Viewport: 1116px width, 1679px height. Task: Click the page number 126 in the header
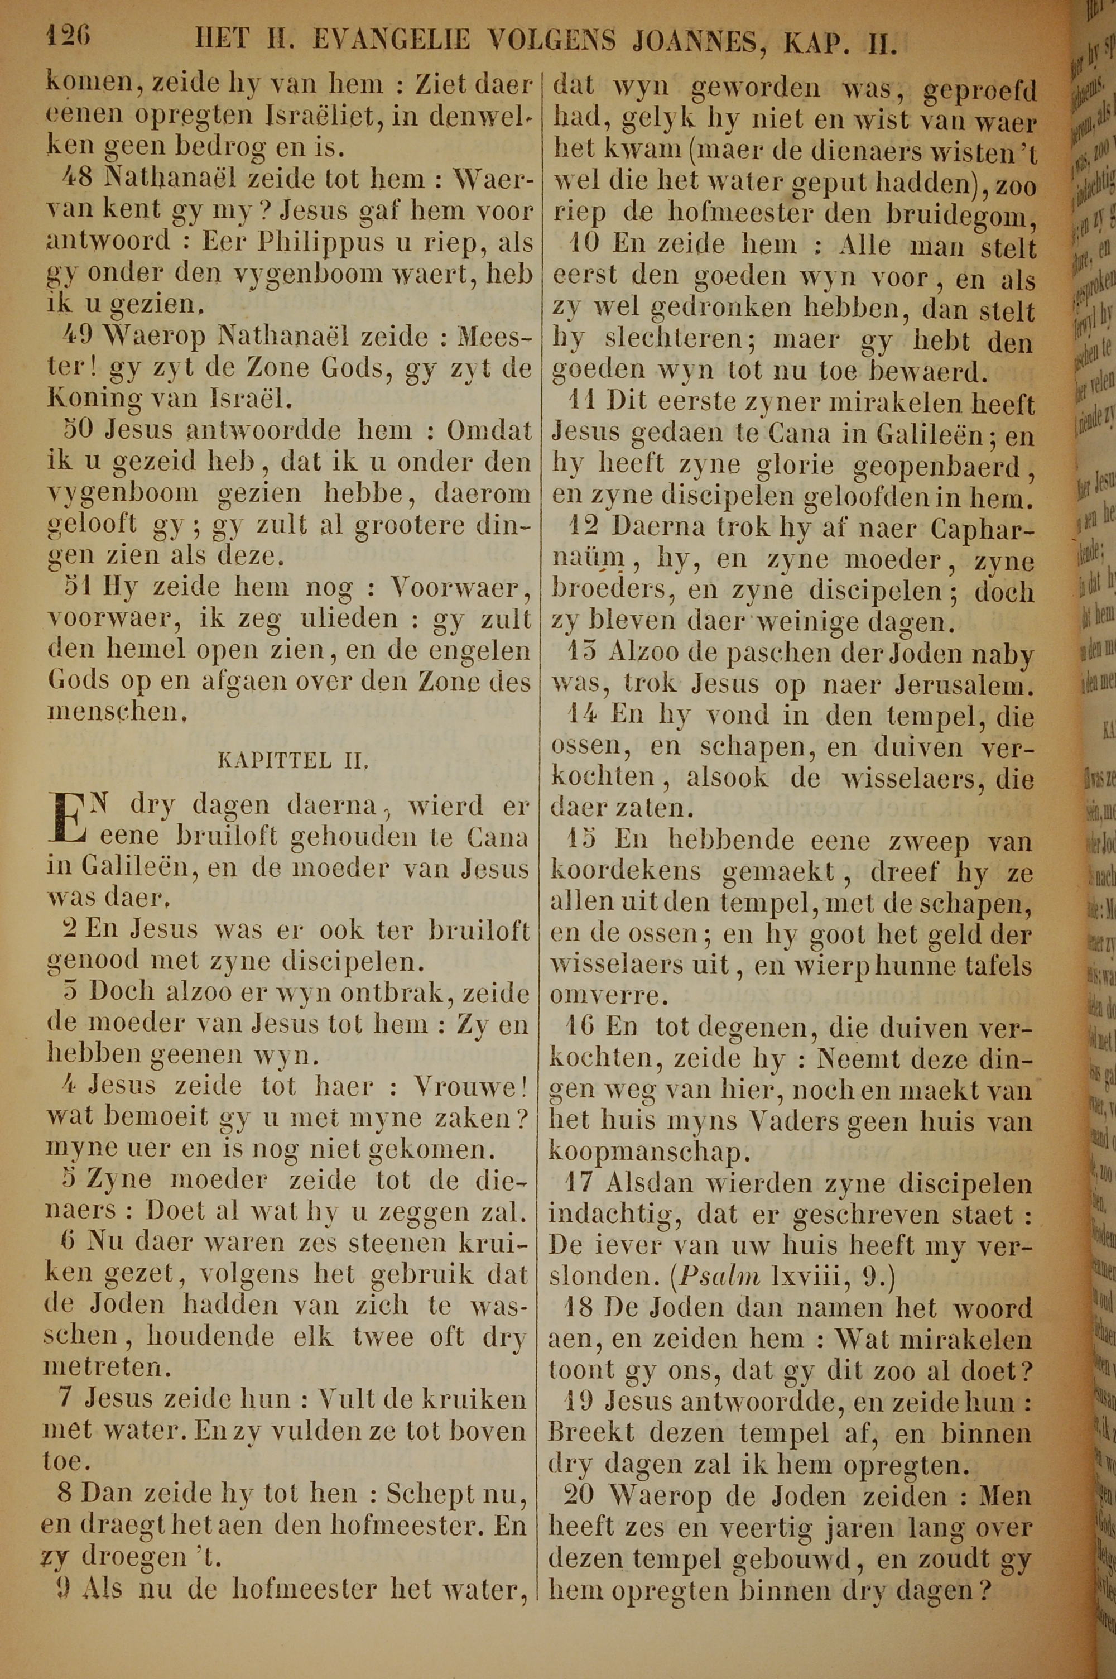point(69,36)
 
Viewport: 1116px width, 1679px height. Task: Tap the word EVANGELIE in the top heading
point(392,39)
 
